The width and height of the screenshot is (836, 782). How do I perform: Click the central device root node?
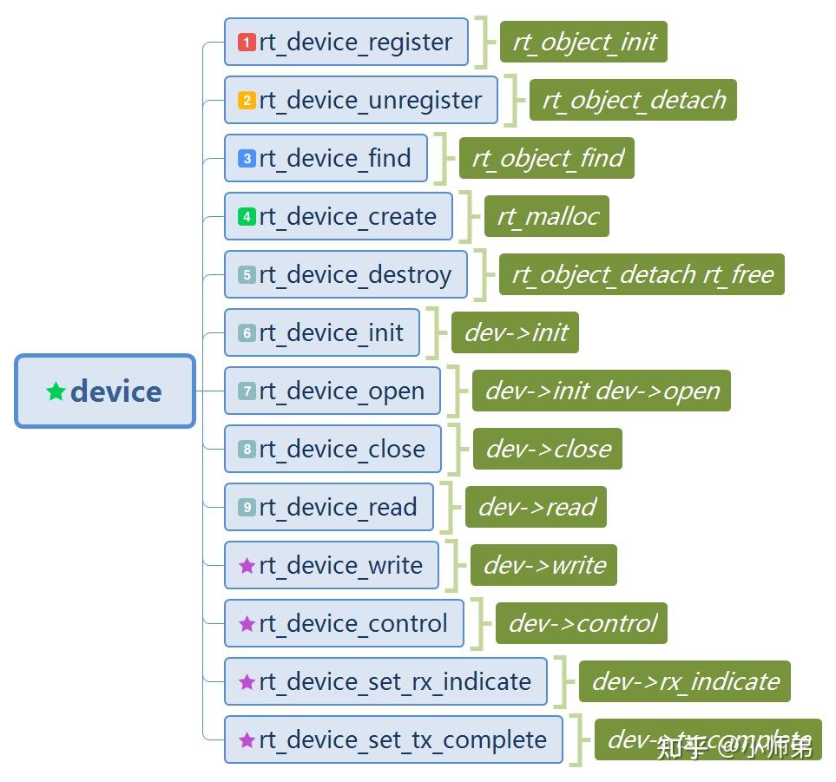pos(105,391)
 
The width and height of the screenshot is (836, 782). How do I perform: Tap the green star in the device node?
pos(56,391)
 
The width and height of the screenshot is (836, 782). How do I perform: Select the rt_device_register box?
pos(346,42)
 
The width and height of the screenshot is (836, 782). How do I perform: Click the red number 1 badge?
pos(247,42)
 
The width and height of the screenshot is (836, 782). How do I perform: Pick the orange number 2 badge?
pos(247,100)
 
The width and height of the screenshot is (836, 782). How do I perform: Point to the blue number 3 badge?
pos(247,159)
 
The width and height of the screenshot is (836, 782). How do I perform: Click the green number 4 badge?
pos(247,217)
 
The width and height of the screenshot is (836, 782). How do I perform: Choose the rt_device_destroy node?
pos(346,275)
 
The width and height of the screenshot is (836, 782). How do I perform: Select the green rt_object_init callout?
pos(583,42)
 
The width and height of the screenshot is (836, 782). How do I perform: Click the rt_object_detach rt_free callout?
pos(642,274)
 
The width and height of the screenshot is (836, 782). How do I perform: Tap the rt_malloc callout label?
pos(547,216)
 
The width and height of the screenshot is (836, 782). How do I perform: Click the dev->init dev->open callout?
pos(602,391)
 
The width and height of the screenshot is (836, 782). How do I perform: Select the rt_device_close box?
pos(332,450)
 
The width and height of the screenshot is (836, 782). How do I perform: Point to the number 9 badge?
pos(247,508)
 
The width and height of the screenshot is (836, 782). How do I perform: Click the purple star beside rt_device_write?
pos(247,566)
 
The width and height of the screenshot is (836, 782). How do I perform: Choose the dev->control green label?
pos(582,623)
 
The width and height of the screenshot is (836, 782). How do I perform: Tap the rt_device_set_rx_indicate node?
pos(385,681)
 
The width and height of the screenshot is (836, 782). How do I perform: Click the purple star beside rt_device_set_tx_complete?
pos(247,740)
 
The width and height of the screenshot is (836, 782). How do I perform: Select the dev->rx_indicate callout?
pos(685,681)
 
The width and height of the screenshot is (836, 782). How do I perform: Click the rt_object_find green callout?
pos(547,158)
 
